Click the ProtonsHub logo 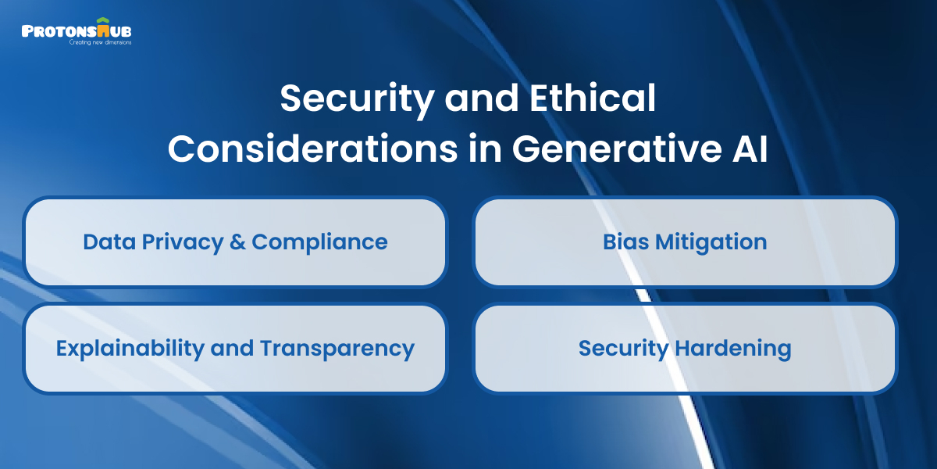pos(77,30)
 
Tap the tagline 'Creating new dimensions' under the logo pos(99,42)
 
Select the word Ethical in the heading pos(593,100)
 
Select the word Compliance pos(319,242)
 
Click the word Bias pos(625,242)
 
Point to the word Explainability pos(130,349)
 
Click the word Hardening pos(736,349)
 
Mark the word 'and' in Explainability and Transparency pos(232,349)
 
